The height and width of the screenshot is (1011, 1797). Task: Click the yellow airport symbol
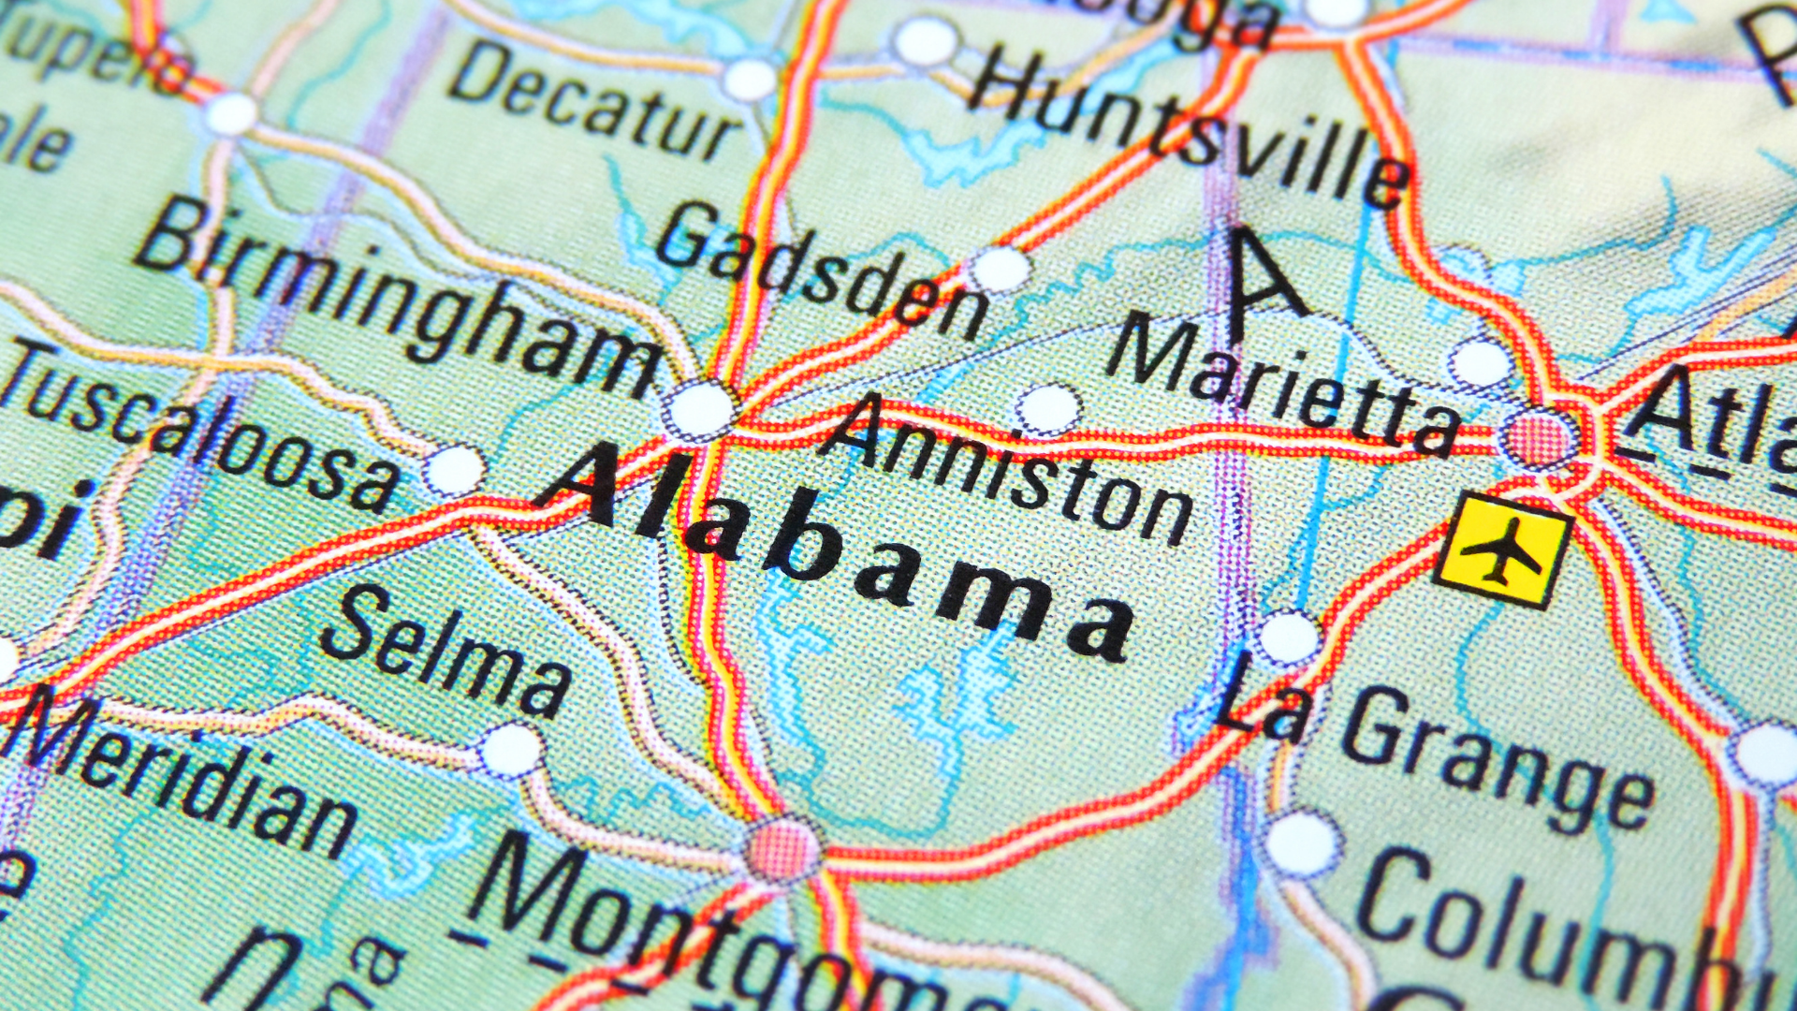point(1502,551)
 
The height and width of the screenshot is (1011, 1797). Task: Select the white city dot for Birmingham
point(699,409)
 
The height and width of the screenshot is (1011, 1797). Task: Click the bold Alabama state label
point(833,552)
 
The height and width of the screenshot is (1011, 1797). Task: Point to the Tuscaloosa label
point(201,426)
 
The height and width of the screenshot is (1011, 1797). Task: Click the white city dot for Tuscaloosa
point(455,469)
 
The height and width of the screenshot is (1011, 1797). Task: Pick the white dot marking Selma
point(511,750)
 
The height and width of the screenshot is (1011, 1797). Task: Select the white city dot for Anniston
point(1048,409)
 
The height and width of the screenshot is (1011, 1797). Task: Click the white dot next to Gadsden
point(1000,269)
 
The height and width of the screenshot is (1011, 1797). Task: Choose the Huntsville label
point(1189,126)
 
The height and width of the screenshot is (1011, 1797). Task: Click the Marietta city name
point(1282,384)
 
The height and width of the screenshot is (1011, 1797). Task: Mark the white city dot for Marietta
point(1480,362)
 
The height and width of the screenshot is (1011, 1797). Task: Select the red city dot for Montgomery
point(782,850)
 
